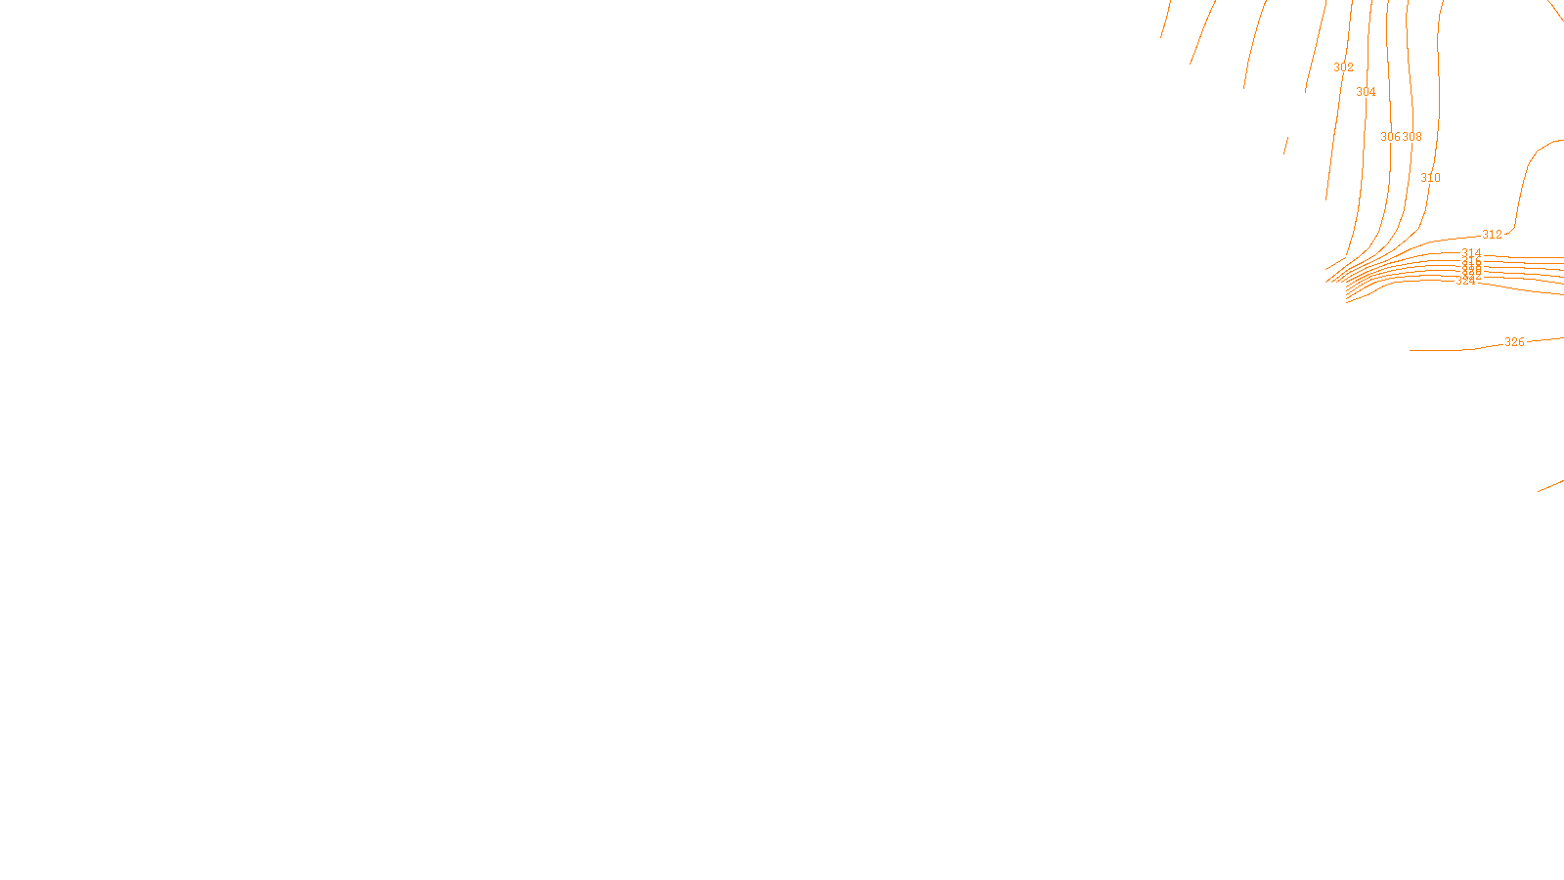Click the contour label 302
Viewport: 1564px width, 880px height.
[1344, 67]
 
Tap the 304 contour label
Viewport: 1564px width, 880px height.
[1366, 92]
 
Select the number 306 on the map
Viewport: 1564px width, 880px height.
[1390, 137]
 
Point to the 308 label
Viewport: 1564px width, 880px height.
[1412, 137]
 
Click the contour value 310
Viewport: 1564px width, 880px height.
[1430, 178]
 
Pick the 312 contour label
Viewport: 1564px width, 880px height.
[1492, 235]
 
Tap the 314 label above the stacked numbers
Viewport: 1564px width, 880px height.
[1471, 253]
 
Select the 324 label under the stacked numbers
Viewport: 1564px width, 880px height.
[1465, 282]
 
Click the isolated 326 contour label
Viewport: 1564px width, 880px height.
[1514, 342]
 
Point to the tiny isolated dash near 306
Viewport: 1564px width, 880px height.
[1285, 145]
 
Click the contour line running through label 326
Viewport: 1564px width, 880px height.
[1447, 350]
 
